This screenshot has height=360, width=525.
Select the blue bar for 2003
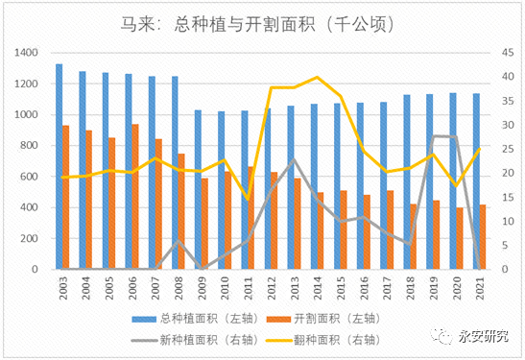60,167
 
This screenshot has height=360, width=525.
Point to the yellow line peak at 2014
318,77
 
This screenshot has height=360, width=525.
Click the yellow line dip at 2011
248,199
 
